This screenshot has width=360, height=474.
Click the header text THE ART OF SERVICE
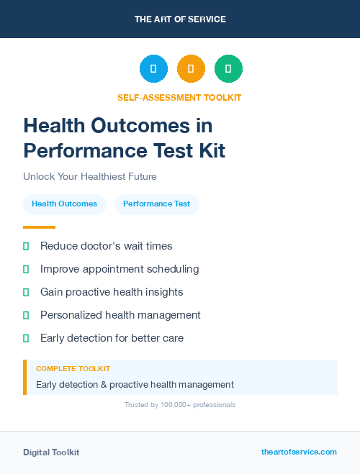point(180,19)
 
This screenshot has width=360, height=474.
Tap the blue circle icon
point(153,68)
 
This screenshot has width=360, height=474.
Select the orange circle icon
point(191,68)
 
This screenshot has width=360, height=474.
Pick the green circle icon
point(228,68)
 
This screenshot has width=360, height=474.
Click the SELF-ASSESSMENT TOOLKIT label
point(180,97)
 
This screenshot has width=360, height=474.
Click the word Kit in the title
point(210,151)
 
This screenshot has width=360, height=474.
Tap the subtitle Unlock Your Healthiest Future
point(89,176)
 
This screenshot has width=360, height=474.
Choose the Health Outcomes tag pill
point(65,204)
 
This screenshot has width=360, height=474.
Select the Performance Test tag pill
point(156,204)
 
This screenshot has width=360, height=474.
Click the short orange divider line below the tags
point(39,227)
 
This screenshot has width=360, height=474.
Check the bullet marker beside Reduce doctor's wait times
point(26,246)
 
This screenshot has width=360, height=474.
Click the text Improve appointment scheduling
point(120,269)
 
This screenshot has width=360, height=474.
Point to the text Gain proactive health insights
point(112,292)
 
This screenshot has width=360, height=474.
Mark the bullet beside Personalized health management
point(26,315)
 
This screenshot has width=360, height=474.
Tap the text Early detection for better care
point(112,338)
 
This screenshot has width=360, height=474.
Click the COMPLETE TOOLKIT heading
point(73,369)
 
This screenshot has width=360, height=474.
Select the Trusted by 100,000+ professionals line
point(180,405)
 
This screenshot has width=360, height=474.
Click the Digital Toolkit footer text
point(51,452)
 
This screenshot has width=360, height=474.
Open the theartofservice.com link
point(299,452)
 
